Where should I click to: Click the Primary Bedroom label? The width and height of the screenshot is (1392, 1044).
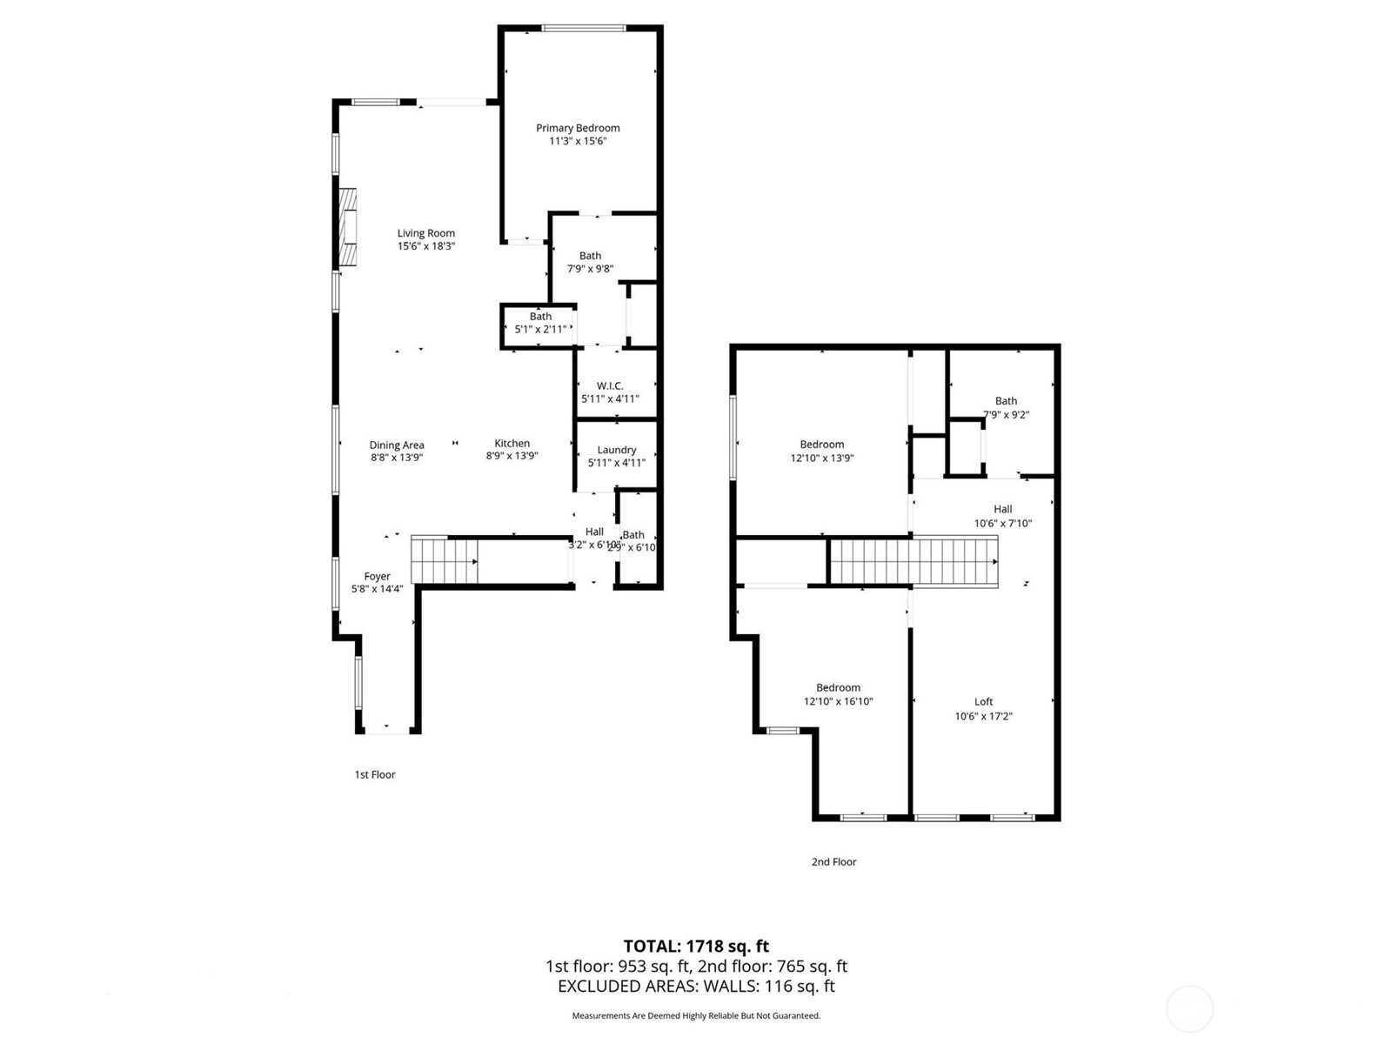pos(578,128)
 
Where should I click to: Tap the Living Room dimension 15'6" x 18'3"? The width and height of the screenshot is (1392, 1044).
pos(426,246)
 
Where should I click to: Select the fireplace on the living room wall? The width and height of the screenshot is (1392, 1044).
pos(348,226)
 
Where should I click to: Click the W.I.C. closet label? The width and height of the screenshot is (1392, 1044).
pos(610,385)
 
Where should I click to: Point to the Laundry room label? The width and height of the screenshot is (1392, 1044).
pos(617,450)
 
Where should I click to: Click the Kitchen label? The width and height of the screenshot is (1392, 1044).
pos(512,443)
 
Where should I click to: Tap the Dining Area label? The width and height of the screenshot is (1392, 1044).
pos(397,445)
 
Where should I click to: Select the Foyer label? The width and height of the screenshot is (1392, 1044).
pos(377,576)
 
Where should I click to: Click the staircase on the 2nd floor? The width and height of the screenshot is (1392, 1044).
pos(913,561)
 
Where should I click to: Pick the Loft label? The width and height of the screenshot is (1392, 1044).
pos(983,701)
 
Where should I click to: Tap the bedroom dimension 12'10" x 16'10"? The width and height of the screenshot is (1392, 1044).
pos(838,701)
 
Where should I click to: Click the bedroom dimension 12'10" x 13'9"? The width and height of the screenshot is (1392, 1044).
pos(822,458)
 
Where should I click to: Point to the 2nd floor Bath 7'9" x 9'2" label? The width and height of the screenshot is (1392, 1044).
pos(1006,401)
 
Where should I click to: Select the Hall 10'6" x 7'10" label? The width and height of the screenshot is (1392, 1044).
pos(1003,509)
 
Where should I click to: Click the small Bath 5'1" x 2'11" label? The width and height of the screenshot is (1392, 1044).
pos(540,317)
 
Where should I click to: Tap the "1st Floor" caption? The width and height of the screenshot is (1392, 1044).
pos(375,774)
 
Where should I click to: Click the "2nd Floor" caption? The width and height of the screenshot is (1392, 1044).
pos(833,861)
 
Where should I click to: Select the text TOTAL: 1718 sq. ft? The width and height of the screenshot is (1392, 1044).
pos(696,946)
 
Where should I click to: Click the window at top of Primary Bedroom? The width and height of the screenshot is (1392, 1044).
pos(583,28)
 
